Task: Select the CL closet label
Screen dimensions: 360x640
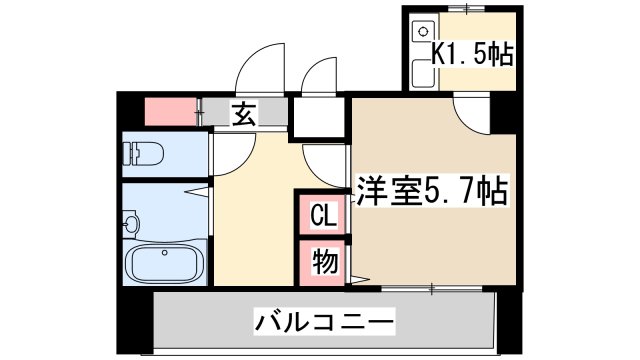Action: [x=322, y=215]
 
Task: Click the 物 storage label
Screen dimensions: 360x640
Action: [x=322, y=262]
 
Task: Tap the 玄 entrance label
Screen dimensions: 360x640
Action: [x=244, y=114]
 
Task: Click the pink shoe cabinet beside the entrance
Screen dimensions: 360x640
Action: [x=171, y=111]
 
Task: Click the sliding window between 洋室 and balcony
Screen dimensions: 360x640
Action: [x=430, y=289]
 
